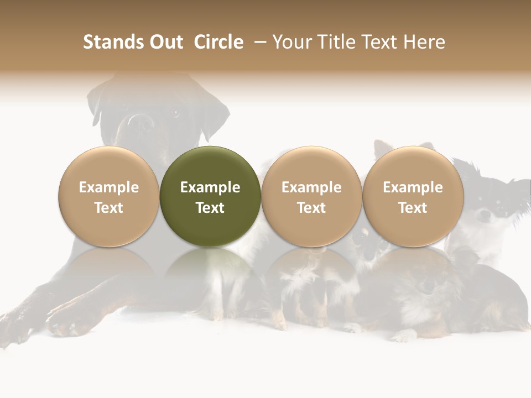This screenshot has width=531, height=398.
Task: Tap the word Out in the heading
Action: pyautogui.click(x=165, y=42)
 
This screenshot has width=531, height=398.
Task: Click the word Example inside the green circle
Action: pyautogui.click(x=210, y=187)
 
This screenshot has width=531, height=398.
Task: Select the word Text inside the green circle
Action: pyautogui.click(x=210, y=208)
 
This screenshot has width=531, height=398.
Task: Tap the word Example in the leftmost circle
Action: pyautogui.click(x=109, y=187)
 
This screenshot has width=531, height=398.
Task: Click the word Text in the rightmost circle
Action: pyautogui.click(x=413, y=208)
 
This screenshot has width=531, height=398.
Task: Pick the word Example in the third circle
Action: pyautogui.click(x=311, y=187)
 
